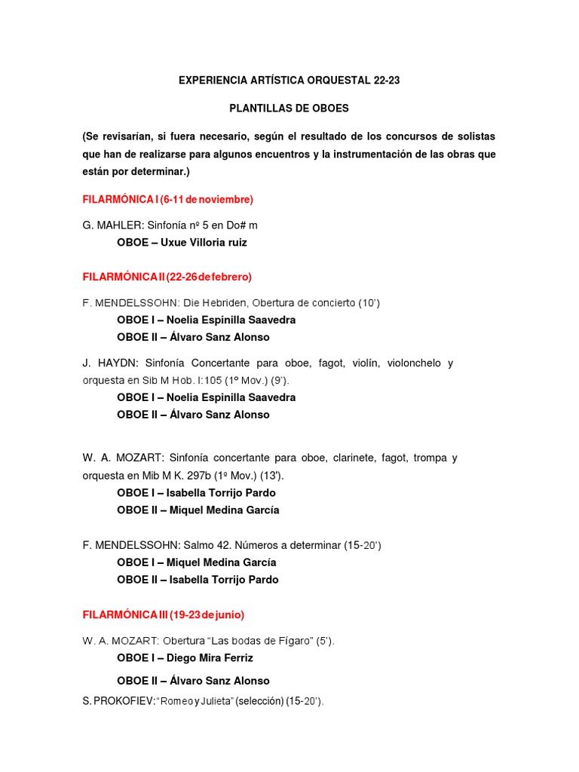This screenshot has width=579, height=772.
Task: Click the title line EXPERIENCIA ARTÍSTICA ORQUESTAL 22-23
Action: pyautogui.click(x=289, y=79)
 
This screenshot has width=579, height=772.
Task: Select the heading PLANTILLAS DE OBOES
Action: pyautogui.click(x=289, y=108)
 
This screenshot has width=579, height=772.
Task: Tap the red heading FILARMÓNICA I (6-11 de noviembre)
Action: pyautogui.click(x=168, y=199)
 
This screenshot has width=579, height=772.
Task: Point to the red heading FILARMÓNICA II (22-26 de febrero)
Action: pyautogui.click(x=167, y=277)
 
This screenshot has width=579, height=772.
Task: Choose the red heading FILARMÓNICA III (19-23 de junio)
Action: pyautogui.click(x=164, y=614)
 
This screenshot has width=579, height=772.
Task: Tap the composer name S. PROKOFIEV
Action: pyautogui.click(x=118, y=702)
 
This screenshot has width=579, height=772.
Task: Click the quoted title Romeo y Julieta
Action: pyautogui.click(x=195, y=702)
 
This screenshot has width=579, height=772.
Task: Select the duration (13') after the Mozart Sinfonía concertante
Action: pyautogui.click(x=271, y=476)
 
